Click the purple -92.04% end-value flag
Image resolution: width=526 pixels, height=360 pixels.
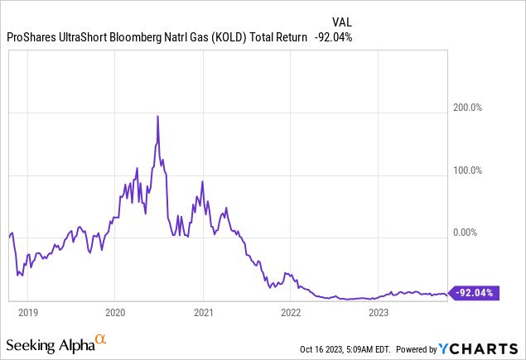pyautogui.click(x=473, y=292)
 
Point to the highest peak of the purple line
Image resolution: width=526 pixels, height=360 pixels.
pyautogui.click(x=157, y=117)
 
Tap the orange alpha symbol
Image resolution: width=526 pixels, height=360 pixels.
pyautogui.click(x=100, y=339)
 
